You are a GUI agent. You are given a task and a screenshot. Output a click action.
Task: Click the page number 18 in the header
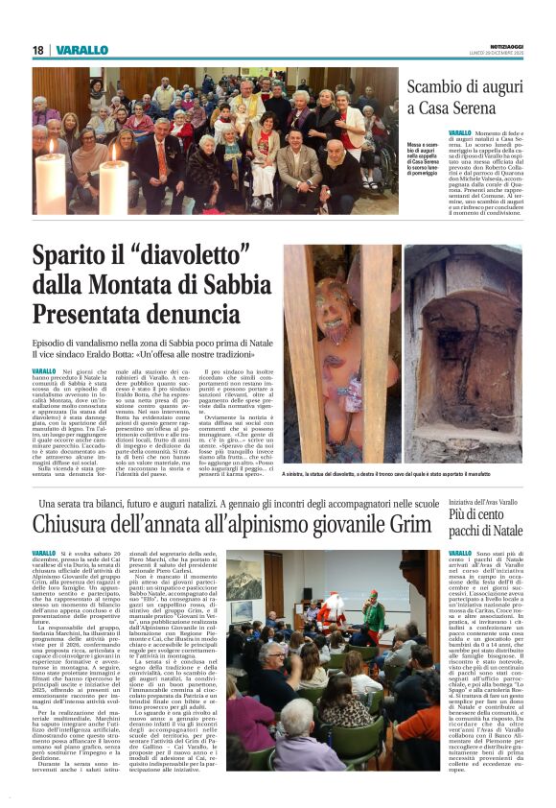[x=37, y=50]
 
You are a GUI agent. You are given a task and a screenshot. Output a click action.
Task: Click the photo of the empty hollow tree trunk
[x=463, y=355]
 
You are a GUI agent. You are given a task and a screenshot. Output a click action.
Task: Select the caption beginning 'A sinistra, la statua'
[x=401, y=474]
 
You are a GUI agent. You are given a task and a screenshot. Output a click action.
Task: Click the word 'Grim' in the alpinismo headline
[x=405, y=525]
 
